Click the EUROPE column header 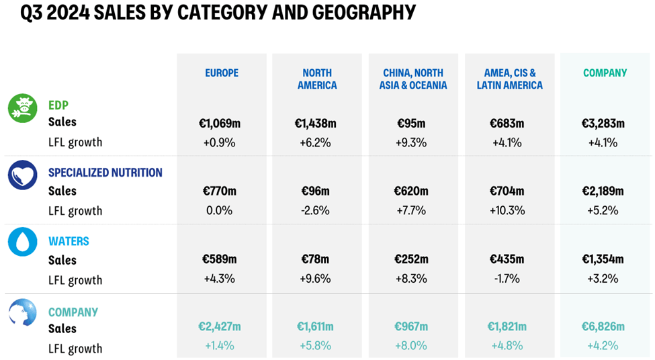click(x=222, y=73)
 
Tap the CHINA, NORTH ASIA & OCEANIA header click(x=414, y=79)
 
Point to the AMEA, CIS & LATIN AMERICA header click(x=510, y=79)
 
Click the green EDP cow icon click(x=22, y=108)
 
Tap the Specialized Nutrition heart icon click(x=22, y=175)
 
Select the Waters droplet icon click(x=22, y=242)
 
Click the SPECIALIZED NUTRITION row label click(x=105, y=173)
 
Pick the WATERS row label click(x=69, y=241)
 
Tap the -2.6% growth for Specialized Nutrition click(x=315, y=210)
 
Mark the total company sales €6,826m click(x=603, y=327)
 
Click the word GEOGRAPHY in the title click(x=362, y=13)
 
